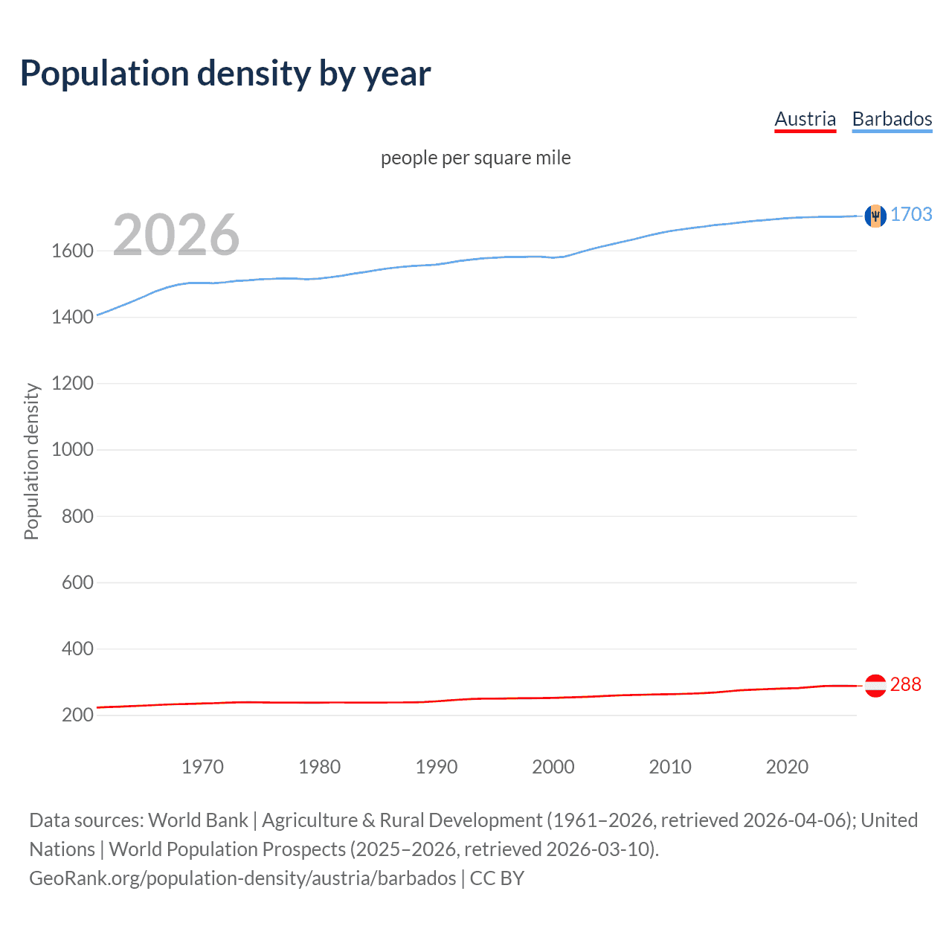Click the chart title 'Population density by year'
tap(225, 74)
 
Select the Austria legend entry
tap(805, 119)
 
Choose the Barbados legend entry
tap(892, 119)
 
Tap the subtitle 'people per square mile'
tap(475, 158)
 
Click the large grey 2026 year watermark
tap(176, 235)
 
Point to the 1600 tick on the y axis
tap(72, 251)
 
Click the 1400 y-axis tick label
tap(72, 317)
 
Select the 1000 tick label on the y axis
tap(72, 449)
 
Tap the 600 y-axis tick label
tap(77, 582)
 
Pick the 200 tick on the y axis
tap(77, 715)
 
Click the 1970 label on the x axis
tap(202, 767)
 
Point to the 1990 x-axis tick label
tap(437, 767)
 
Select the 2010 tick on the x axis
tap(670, 767)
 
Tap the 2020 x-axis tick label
tap(787, 767)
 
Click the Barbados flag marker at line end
tap(875, 216)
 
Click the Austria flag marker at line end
tap(875, 685)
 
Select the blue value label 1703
tap(911, 214)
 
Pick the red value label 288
tap(905, 684)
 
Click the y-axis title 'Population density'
tap(31, 461)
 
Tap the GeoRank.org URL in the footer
tap(242, 878)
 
